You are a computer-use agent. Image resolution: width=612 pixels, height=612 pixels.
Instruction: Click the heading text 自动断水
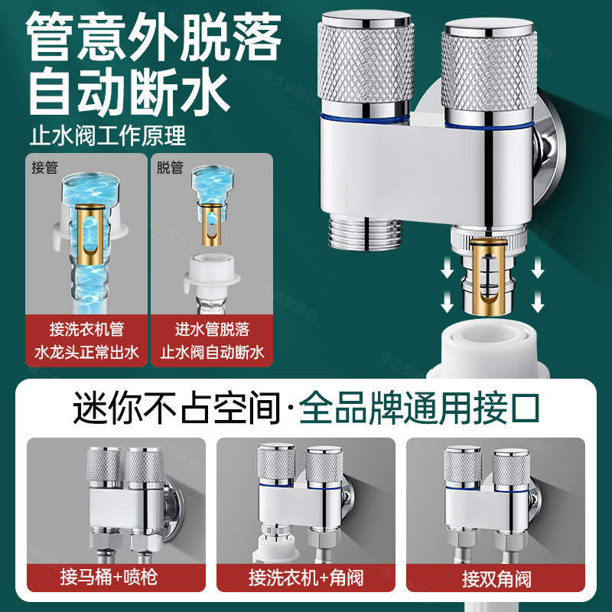(129, 91)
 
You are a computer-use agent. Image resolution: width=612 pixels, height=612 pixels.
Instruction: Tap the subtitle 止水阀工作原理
(108, 135)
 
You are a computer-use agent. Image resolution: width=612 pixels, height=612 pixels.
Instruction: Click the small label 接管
(44, 168)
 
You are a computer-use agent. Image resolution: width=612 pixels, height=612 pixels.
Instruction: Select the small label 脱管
(170, 168)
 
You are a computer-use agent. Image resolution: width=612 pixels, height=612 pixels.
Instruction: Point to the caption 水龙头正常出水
(86, 353)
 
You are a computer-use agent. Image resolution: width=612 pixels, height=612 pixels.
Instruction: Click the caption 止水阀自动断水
(213, 353)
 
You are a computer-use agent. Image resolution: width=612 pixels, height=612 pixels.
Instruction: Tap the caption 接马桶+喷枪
(109, 578)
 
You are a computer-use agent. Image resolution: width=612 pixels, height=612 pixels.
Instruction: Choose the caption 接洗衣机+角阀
(307, 578)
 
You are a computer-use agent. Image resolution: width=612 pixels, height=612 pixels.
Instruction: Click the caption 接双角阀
(496, 579)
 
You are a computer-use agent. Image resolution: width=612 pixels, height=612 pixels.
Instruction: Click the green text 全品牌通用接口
(419, 409)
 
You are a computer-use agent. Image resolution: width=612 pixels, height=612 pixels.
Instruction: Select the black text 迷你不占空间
(177, 409)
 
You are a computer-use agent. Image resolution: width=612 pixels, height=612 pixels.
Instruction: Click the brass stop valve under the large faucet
(489, 276)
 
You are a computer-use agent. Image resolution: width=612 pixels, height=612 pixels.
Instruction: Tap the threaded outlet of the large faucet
(366, 233)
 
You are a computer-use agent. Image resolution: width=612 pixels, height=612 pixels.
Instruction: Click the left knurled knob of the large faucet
(366, 62)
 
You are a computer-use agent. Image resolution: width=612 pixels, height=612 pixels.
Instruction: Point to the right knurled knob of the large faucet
(489, 70)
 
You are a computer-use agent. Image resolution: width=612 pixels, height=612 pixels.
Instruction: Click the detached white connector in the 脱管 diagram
(212, 274)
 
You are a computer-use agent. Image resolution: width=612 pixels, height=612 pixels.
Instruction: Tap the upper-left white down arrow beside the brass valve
(447, 269)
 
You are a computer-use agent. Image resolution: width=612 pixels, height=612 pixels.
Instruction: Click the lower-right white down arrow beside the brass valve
(538, 301)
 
